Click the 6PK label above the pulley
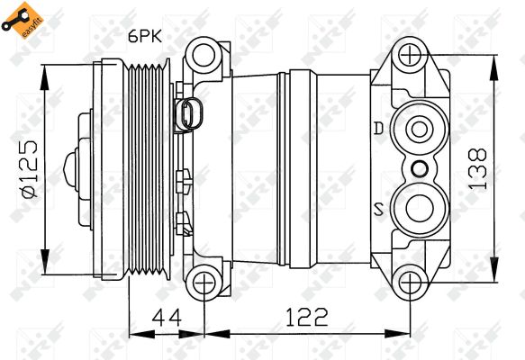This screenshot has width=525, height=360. pos(145,36)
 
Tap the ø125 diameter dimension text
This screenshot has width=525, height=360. pos(30,169)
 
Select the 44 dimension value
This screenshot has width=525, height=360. pos(167,317)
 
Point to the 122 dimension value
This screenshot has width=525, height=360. pos(306,317)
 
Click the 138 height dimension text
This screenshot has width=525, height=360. pos(477,169)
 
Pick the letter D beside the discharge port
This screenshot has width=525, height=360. pos(379,129)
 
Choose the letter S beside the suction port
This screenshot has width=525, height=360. pos(379,209)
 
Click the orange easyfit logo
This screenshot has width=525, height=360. pos(23,20)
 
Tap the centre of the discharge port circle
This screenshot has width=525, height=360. pos(420,130)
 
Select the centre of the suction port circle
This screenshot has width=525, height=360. pos(420,208)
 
